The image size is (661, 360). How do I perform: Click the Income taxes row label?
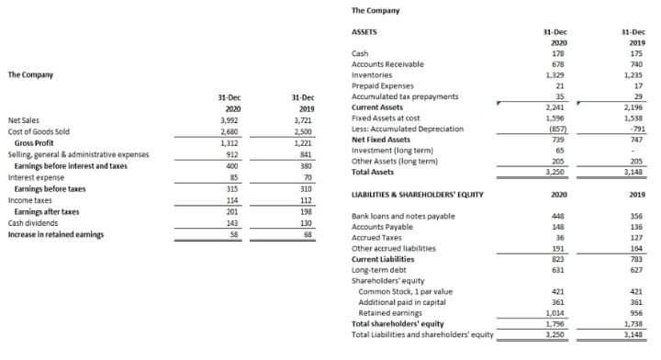(29, 199)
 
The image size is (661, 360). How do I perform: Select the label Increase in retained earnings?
(55, 234)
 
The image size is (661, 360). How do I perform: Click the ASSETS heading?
(365, 31)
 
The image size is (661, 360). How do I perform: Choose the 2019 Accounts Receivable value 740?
(633, 64)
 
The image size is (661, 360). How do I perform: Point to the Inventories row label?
(372, 74)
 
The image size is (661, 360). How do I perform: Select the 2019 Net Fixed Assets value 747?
(633, 139)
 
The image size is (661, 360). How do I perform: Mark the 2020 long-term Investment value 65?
(559, 150)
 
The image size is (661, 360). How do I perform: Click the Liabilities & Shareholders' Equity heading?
(418, 195)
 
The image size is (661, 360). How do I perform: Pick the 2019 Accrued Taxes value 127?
(633, 237)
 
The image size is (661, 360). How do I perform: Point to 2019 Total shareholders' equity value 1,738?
(633, 323)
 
